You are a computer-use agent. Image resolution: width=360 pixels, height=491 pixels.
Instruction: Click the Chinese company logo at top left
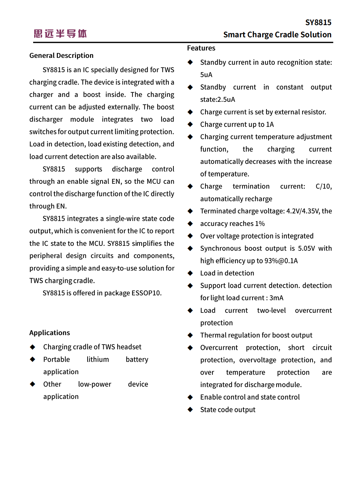coord(60,33)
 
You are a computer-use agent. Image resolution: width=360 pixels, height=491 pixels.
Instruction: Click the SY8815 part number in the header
coord(318,23)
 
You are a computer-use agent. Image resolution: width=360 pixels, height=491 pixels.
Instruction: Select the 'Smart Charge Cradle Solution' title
coord(277,35)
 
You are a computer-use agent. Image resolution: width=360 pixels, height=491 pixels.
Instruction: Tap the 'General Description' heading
coord(61,55)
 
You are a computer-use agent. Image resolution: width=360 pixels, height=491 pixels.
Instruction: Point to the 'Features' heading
coord(201,48)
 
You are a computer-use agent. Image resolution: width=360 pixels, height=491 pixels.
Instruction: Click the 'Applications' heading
coord(50,333)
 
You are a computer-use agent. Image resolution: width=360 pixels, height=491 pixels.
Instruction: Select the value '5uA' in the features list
coord(206,75)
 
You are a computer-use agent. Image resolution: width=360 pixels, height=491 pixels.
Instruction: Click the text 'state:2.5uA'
coord(218,99)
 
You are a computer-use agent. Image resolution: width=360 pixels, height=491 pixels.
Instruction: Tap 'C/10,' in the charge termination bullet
coord(324,186)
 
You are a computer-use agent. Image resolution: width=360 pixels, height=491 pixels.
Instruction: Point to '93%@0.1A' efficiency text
coord(281,261)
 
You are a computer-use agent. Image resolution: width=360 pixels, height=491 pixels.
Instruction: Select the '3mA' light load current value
coord(276,298)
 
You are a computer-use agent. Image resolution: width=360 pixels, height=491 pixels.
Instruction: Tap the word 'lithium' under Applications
coord(98,360)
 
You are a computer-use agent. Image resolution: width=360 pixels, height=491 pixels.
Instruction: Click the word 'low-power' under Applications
coord(95,384)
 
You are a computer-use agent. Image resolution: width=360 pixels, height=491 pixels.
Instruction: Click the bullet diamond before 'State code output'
coord(190,409)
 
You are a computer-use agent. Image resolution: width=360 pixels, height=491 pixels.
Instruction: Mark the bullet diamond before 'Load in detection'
coord(190,273)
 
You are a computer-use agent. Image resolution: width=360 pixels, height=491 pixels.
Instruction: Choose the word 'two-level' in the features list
coord(271,310)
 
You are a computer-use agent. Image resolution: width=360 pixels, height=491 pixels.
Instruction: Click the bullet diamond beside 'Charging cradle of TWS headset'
coord(32,347)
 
